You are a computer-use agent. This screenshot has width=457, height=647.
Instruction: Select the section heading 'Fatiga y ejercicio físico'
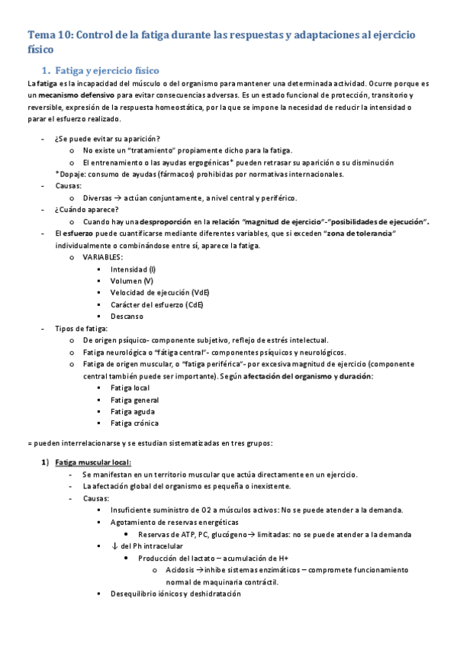coord(104,70)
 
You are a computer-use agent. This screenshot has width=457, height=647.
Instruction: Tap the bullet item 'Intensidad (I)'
coord(133,269)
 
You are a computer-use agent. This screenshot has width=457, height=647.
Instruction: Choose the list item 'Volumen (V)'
coord(131,281)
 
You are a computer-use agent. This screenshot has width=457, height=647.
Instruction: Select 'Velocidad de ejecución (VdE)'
coord(159,293)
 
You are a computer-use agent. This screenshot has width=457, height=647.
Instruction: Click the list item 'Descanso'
coord(127,317)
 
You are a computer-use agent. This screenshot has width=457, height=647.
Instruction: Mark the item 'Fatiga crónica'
coord(135,423)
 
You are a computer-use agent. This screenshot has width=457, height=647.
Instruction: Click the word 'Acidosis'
coord(175,570)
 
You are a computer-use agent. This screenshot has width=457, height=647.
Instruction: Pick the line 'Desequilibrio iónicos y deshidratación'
coord(175,594)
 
